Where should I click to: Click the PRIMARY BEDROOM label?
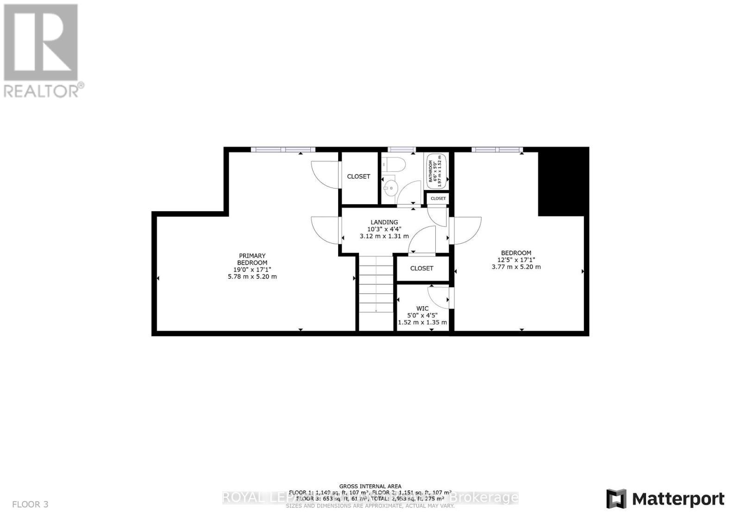(x=252, y=259)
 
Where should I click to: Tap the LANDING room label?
(x=384, y=222)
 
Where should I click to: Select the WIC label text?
(x=422, y=308)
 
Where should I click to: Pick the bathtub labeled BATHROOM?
(x=436, y=170)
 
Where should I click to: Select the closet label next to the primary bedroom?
(x=358, y=177)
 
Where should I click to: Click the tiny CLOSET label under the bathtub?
(x=438, y=198)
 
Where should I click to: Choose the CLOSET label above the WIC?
(x=421, y=268)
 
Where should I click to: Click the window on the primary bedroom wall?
(x=283, y=150)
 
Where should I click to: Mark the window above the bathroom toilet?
(x=402, y=150)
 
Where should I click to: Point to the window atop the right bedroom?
(x=496, y=150)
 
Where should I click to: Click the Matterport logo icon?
(x=616, y=499)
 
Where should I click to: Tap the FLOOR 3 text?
(x=30, y=504)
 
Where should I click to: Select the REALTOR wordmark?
(x=44, y=90)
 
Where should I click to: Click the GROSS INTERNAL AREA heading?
(x=370, y=486)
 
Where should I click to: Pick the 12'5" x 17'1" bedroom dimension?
(x=516, y=260)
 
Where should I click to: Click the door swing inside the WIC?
(x=439, y=297)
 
